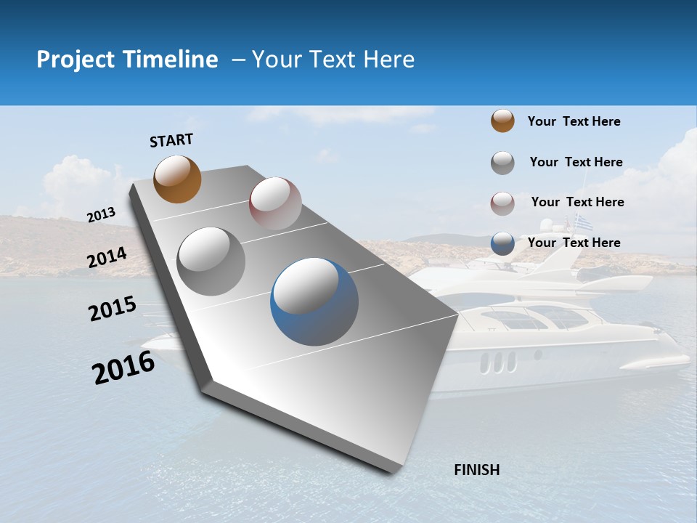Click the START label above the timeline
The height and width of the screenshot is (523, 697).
tap(171, 140)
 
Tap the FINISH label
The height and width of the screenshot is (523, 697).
tap(477, 470)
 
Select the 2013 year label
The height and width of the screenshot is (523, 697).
tap(102, 215)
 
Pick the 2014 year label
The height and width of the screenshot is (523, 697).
tap(107, 257)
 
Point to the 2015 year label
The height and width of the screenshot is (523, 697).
tap(113, 309)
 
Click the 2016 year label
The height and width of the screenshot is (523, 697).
tap(123, 368)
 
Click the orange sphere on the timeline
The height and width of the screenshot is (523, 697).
tap(178, 179)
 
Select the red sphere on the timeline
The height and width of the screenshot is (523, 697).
tap(275, 203)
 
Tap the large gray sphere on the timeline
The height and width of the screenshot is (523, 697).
tap(211, 261)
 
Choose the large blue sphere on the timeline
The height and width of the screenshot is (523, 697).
tap(314, 301)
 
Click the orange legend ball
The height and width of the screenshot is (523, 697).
tap(502, 121)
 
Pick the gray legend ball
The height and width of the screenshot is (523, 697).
tap(502, 163)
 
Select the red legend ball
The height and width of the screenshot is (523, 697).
tap(502, 203)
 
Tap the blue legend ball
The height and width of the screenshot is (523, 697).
tap(502, 243)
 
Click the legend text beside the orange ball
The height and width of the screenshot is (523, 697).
tap(574, 121)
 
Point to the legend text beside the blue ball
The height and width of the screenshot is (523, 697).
tap(574, 243)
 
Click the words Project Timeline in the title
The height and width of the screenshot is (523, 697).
tap(127, 60)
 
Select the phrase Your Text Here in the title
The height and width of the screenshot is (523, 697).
tap(333, 60)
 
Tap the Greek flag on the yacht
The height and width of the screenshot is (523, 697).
tap(583, 222)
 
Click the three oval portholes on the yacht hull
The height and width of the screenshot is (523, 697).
tap(498, 361)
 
